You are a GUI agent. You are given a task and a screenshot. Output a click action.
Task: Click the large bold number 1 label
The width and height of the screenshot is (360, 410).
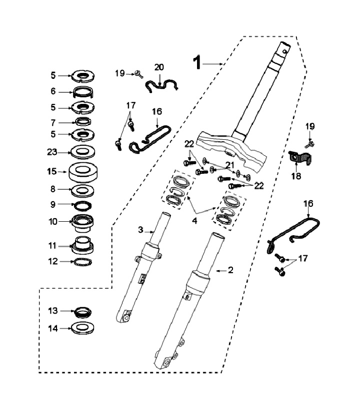pos(197,62)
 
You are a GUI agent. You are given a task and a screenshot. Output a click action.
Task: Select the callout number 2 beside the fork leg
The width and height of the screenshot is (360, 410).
pos(230,270)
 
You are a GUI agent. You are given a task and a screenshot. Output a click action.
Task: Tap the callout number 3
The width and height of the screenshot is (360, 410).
pos(140,230)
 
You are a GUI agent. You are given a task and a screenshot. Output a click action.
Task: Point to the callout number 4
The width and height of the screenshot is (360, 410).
pos(194,221)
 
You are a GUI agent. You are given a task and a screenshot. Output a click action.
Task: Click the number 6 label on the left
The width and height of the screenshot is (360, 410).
pos(53,91)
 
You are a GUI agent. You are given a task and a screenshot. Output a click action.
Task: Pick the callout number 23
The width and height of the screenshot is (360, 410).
pos(52,152)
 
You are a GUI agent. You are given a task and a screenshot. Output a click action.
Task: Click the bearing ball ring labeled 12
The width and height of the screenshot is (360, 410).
pos(82,262)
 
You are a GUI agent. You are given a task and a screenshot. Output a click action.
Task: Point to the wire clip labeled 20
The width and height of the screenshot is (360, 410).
pos(161,85)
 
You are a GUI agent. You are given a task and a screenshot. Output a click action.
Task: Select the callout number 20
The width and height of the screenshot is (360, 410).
pos(158,67)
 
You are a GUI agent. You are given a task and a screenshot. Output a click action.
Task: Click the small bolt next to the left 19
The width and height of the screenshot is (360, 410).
pos(139,74)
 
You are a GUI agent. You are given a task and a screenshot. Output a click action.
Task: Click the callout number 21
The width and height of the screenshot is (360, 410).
pos(229,165)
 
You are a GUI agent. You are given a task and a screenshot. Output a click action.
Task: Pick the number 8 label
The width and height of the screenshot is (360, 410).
pos(53,189)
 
